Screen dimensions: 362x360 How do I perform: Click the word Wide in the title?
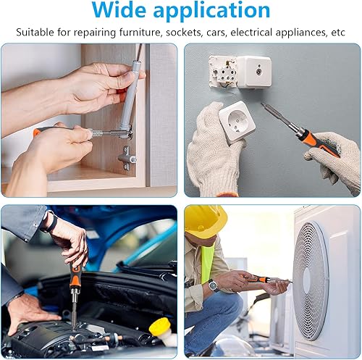tap(119, 10)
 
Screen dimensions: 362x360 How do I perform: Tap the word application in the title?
tap(211, 12)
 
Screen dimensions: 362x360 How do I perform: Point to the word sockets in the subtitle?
tap(185, 33)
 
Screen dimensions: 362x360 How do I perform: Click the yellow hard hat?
tap(206, 222)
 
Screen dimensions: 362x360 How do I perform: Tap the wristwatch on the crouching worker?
tap(214, 285)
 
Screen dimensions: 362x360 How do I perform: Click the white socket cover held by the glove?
tap(237, 122)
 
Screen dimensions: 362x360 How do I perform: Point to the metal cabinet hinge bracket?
tap(127, 158)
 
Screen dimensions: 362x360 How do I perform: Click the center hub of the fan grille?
tap(306, 276)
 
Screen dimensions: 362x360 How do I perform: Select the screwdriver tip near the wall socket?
tap(263, 105)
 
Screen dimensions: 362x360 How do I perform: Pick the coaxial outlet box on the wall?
tap(253, 72)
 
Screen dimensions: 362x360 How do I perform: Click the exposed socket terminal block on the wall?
tap(223, 71)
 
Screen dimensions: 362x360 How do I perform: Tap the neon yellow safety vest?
tap(207, 262)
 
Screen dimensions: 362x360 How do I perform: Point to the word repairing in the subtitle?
tap(95, 33)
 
